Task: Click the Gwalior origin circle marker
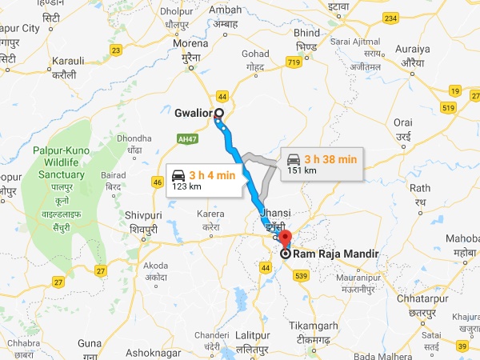pyautogui.click(x=218, y=113)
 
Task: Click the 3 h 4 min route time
pyautogui.click(x=212, y=174)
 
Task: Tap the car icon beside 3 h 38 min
pyautogui.click(x=294, y=158)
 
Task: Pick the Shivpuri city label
pyautogui.click(x=145, y=215)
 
